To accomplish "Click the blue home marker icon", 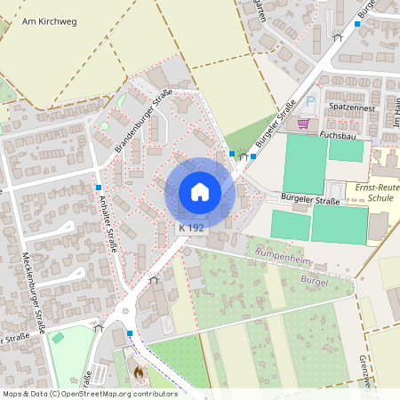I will pyautogui.click(x=200, y=192).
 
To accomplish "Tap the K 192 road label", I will pyautogui.click(x=191, y=228).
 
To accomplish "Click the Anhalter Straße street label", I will pyautogui.click(x=108, y=223).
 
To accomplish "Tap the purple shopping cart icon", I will pyautogui.click(x=303, y=124).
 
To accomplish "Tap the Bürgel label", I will pyautogui.click(x=316, y=282).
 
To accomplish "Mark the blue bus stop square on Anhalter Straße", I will pyautogui.click(x=98, y=188).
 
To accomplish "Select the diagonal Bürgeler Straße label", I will pyautogui.click(x=275, y=124).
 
